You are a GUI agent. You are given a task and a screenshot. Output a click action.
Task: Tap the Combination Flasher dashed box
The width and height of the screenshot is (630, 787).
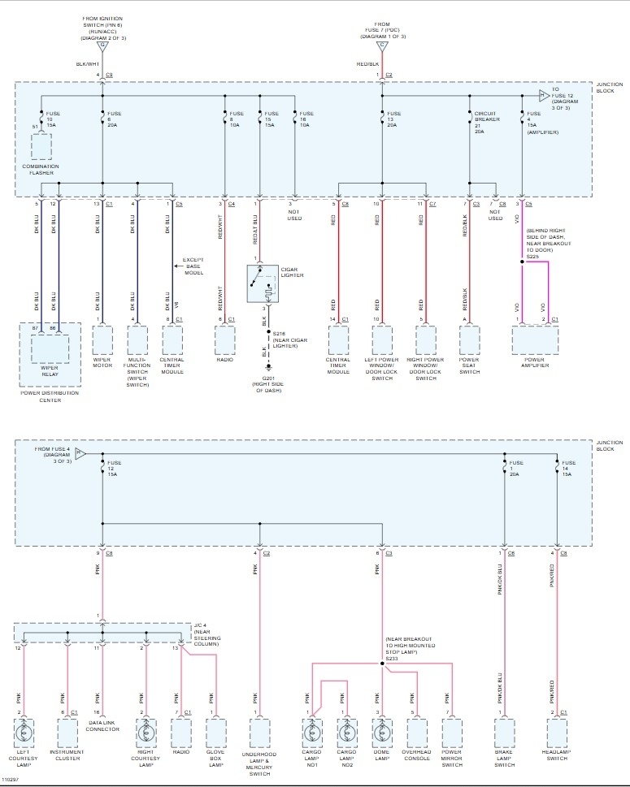(x=41, y=146)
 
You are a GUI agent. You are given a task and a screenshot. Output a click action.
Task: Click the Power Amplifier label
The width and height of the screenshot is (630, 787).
(x=535, y=363)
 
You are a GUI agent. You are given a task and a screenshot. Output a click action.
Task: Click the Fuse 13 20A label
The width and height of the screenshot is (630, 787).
(x=394, y=119)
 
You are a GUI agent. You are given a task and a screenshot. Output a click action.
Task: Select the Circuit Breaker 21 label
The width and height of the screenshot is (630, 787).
(x=486, y=119)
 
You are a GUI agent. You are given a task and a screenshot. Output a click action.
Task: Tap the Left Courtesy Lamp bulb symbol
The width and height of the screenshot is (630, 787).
(x=24, y=732)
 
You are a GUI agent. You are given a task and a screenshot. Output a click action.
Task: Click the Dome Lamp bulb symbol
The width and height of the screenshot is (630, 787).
(x=377, y=732)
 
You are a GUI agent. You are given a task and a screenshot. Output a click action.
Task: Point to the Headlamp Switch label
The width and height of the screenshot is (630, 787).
(x=556, y=755)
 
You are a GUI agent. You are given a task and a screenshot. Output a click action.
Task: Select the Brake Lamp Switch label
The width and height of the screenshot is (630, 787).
(x=505, y=759)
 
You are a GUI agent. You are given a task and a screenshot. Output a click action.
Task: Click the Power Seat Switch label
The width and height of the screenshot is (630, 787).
(x=469, y=366)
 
